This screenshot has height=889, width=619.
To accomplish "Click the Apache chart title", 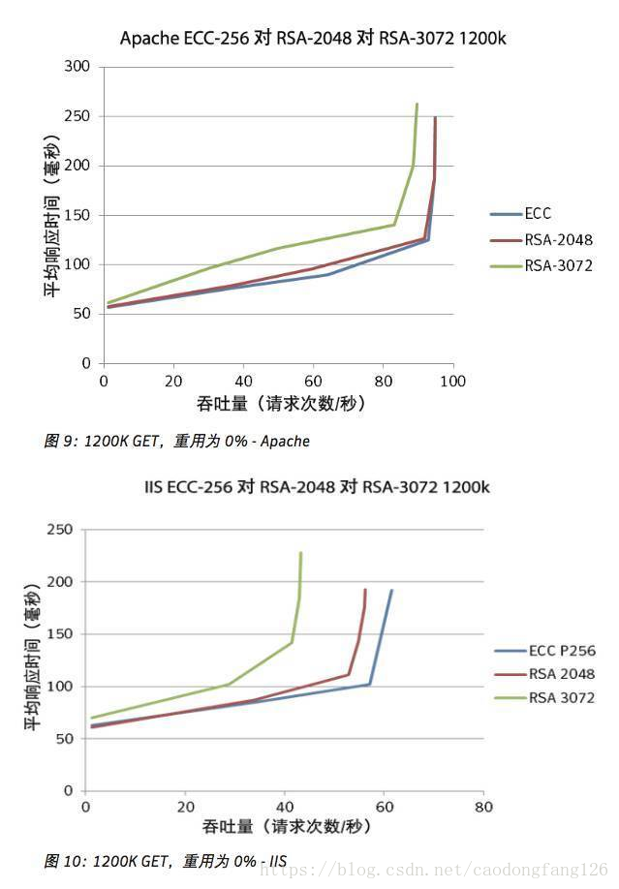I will click(313, 39).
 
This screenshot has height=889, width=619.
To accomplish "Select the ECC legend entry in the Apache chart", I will click(538, 214).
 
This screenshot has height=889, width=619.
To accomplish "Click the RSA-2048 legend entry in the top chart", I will click(557, 240).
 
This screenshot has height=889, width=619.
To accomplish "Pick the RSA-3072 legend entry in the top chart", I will click(557, 265).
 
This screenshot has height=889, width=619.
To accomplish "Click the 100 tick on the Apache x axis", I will click(452, 382).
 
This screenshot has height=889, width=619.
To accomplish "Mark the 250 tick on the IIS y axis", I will click(61, 530).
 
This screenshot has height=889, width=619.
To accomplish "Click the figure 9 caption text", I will click(176, 442).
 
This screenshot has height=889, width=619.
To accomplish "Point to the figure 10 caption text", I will click(165, 860).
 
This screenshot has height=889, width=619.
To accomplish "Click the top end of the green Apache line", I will click(417, 104).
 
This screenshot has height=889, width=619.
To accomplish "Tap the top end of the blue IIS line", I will click(391, 590).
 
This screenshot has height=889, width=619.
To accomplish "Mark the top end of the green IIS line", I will click(300, 553).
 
